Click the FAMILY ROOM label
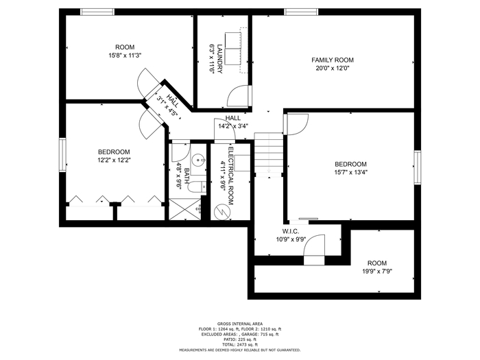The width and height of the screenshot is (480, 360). click(x=333, y=60)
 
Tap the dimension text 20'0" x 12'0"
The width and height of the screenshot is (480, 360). click(x=333, y=68)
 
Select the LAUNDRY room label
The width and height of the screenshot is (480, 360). click(x=219, y=59)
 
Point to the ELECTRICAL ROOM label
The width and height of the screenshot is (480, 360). click(x=231, y=176)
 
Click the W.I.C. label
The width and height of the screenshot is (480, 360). click(x=291, y=232)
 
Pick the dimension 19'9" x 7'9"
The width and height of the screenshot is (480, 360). click(x=377, y=271)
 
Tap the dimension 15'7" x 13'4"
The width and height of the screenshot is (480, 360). click(x=350, y=172)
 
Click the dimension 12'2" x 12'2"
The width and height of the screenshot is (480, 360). click(x=114, y=160)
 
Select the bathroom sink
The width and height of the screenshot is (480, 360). click(x=199, y=160)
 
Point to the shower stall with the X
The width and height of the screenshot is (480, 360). click(x=185, y=209)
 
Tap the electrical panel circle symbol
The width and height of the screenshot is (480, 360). click(x=221, y=211)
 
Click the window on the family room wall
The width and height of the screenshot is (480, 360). click(x=301, y=12)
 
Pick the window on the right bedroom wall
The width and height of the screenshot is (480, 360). click(x=418, y=167)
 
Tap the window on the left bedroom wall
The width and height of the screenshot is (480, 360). click(x=62, y=155)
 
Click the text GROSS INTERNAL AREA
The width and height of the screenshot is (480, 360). click(x=240, y=324)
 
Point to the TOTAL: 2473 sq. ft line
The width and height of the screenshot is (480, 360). click(x=240, y=344)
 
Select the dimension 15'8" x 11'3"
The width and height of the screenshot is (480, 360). click(x=125, y=55)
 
